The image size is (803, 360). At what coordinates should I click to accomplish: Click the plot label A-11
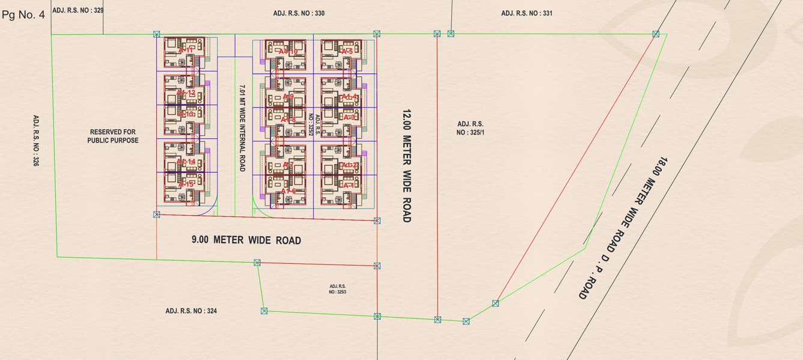186,50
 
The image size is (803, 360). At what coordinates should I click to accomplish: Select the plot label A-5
347,52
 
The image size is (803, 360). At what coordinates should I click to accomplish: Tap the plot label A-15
186,184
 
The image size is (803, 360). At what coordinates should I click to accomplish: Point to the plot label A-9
288,97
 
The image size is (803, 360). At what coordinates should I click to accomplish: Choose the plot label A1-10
288,52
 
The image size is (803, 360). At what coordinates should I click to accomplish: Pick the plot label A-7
288,165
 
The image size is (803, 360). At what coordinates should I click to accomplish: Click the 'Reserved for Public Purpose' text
114,136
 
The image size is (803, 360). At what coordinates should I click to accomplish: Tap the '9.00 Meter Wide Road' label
246,240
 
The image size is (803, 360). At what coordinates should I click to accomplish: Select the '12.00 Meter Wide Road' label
407,166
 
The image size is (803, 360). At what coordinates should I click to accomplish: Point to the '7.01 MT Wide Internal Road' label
242,128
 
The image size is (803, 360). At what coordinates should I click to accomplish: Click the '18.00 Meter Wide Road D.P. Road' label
623,228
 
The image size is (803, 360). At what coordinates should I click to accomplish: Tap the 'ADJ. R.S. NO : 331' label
527,13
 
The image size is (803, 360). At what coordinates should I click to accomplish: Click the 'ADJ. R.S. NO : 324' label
191,311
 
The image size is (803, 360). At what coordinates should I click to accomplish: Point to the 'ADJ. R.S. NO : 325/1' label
470,127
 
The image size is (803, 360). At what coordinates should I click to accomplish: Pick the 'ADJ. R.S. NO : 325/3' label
338,289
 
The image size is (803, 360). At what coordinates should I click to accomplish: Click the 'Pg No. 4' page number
23,15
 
